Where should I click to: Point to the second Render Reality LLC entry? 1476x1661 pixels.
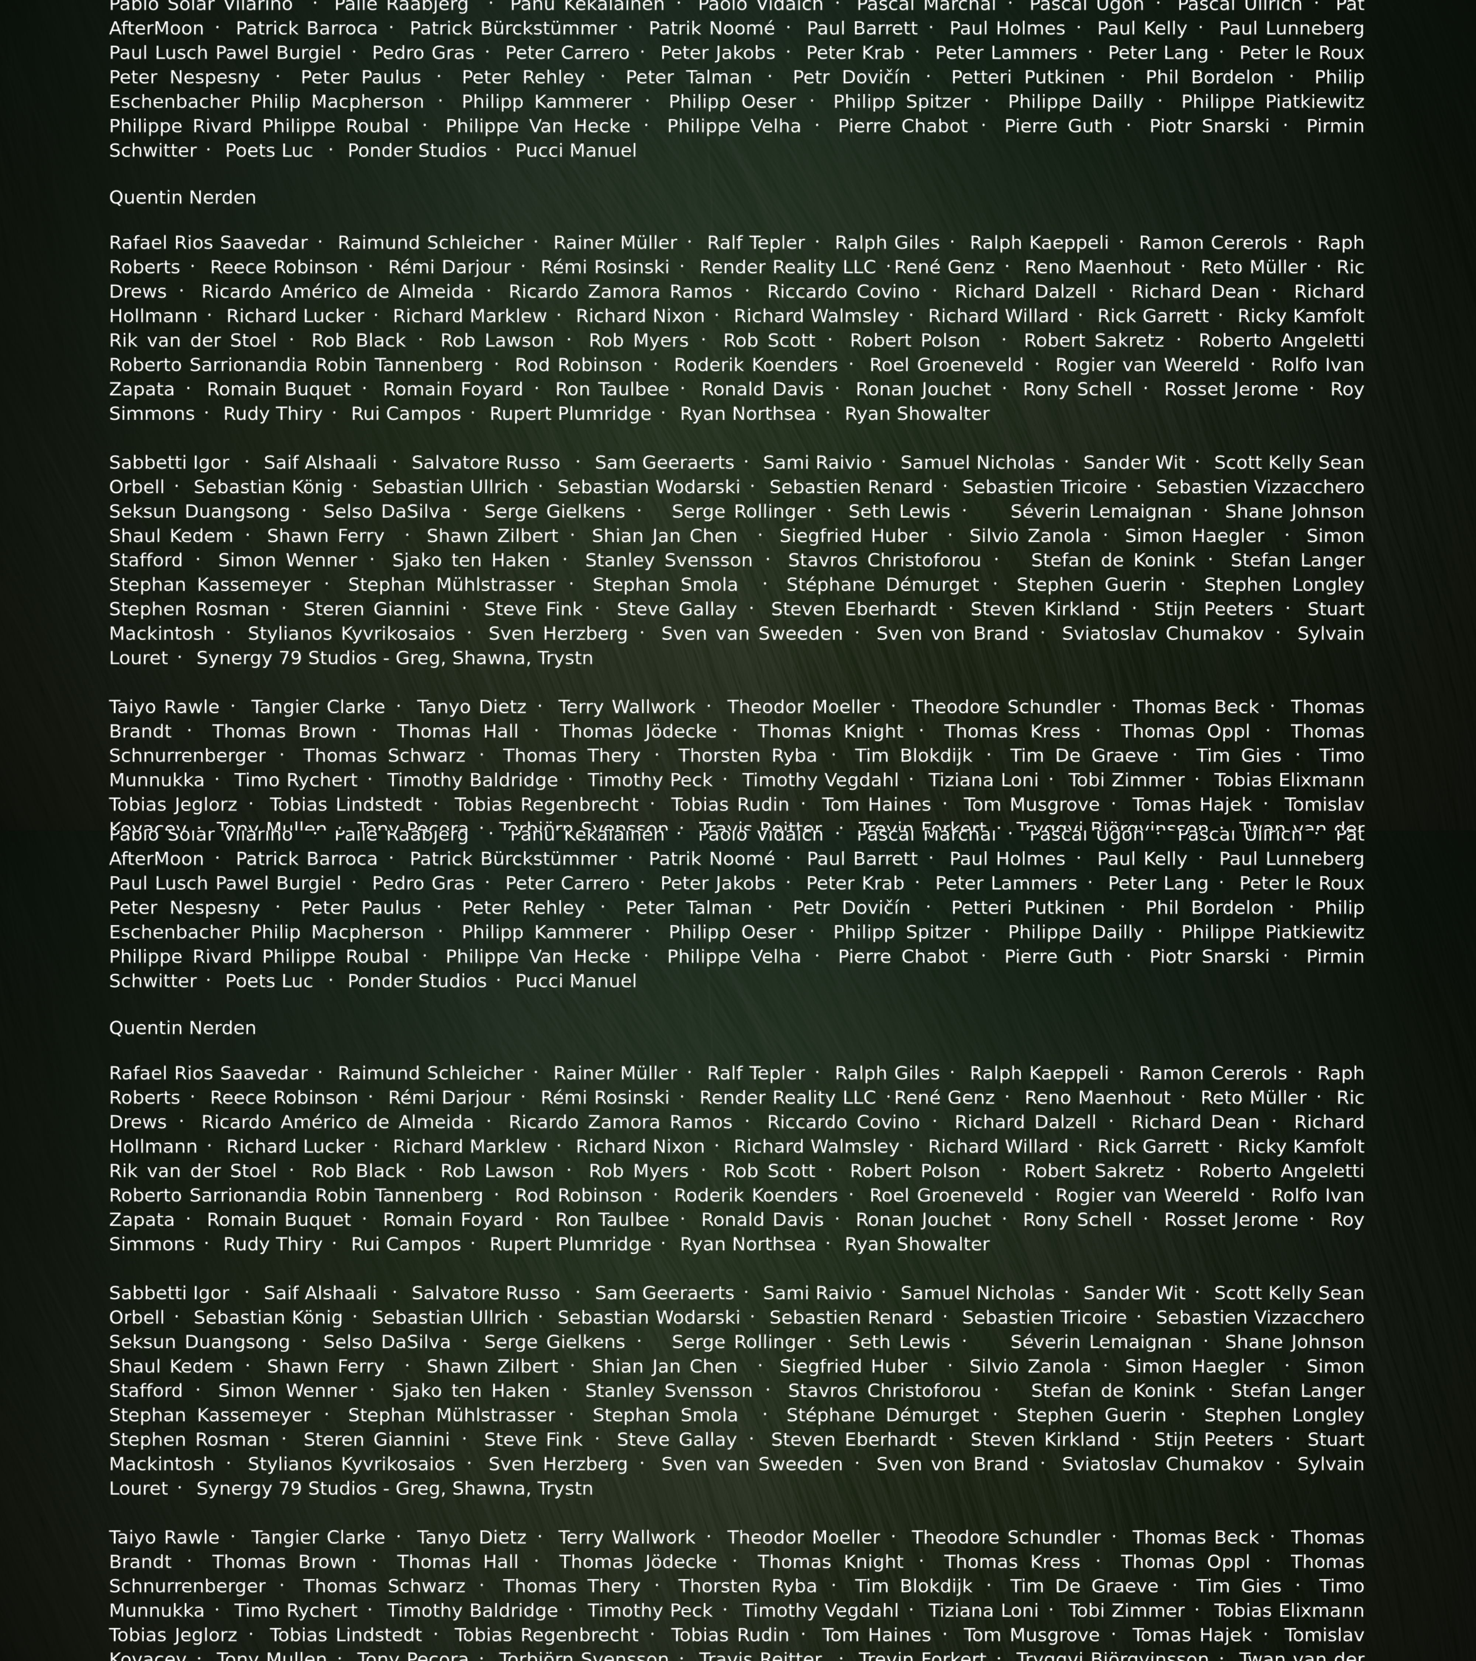tap(787, 1098)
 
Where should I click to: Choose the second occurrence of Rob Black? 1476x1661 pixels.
tap(358, 1171)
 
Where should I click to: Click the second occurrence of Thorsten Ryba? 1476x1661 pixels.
tap(747, 1586)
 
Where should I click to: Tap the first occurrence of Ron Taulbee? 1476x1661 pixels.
tap(612, 389)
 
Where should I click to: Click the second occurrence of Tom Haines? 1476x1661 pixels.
tap(876, 1635)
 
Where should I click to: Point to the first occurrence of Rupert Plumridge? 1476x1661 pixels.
tap(570, 414)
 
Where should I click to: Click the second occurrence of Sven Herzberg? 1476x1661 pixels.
tap(557, 1464)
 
